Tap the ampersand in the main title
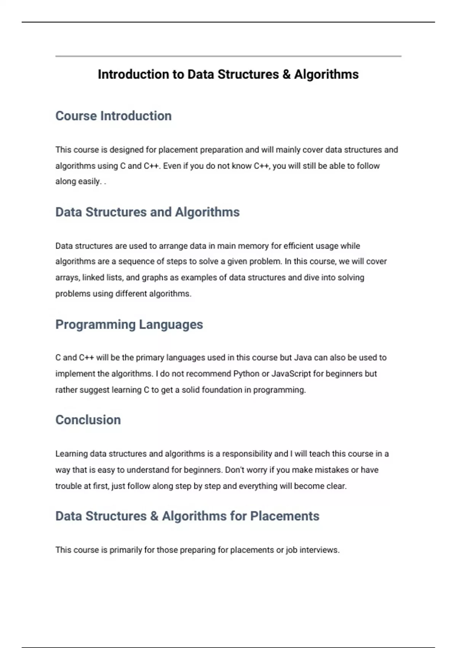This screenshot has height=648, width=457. coord(286,74)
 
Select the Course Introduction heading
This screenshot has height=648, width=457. coord(113,116)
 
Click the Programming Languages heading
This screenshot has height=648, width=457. coord(129,324)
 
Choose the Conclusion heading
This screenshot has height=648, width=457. coord(88,420)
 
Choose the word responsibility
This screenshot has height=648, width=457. coord(247,454)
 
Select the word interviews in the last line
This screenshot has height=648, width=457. coord(319,550)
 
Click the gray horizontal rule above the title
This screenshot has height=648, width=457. coord(228,56)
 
